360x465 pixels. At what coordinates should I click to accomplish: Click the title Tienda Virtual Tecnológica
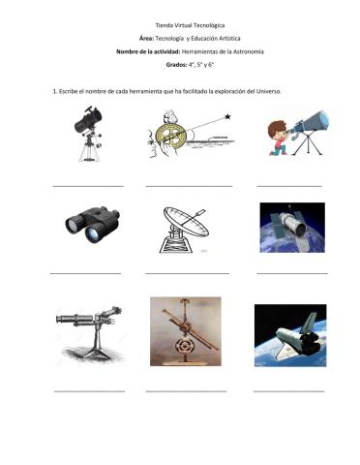click(x=180, y=21)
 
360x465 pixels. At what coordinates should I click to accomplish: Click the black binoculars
click(x=87, y=224)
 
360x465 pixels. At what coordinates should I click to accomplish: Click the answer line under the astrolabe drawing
click(x=189, y=184)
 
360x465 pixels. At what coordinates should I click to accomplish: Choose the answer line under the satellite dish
click(x=187, y=273)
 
